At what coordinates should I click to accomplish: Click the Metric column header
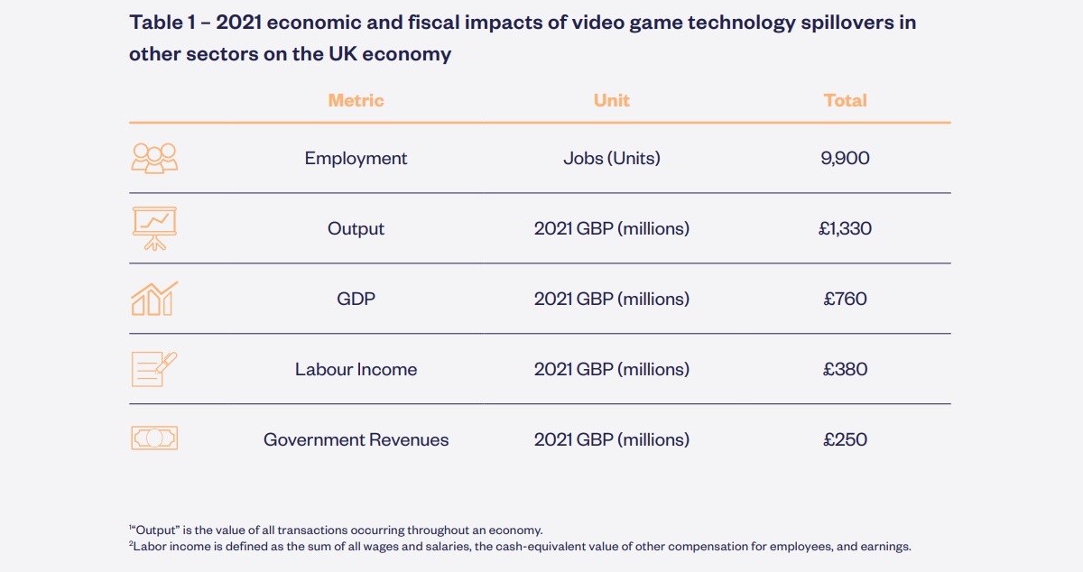[356, 100]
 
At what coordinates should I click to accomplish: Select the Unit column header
[611, 100]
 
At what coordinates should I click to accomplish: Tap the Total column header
[845, 100]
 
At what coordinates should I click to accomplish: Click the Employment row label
[356, 159]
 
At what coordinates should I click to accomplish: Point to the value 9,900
[845, 159]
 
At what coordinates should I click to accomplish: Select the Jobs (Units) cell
[611, 159]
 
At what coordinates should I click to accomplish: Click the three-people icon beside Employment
[154, 158]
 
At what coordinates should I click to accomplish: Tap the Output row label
[356, 229]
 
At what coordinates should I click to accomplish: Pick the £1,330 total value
[845, 229]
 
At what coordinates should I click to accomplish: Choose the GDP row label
[356, 299]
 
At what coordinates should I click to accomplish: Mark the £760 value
[845, 299]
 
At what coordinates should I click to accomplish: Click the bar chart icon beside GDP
[154, 299]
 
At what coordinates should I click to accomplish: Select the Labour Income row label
[356, 369]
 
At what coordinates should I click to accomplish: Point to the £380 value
[845, 369]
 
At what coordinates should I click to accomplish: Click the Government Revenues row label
[356, 440]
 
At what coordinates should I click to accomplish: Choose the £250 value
[845, 440]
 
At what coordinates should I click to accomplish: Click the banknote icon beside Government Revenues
[154, 438]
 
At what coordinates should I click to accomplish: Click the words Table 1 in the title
[163, 23]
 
